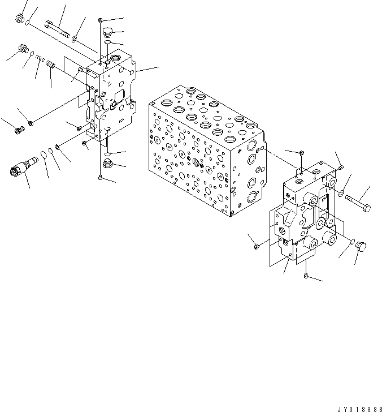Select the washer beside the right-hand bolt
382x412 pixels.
(x=341, y=194)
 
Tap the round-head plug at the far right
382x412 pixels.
(x=363, y=246)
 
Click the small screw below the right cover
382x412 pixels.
(x=305, y=276)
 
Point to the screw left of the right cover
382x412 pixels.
(x=256, y=245)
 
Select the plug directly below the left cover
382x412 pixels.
(x=107, y=165)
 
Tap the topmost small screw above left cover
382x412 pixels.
(x=101, y=21)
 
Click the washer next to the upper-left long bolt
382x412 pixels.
(x=76, y=38)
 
